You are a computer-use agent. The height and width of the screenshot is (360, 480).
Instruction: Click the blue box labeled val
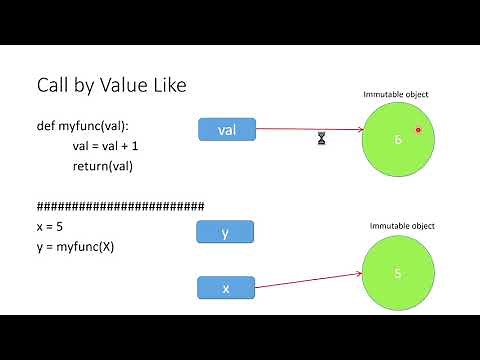point(226,129)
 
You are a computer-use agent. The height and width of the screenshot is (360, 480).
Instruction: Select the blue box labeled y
point(226,233)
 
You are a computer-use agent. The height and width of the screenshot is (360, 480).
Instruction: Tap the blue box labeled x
point(226,288)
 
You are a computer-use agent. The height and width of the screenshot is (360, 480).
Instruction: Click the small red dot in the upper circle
point(418,130)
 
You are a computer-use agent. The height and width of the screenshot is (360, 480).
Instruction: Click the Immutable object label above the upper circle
point(395,94)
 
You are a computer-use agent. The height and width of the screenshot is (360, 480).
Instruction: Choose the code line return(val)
point(103,165)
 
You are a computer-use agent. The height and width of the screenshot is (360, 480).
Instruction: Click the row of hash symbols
point(120,207)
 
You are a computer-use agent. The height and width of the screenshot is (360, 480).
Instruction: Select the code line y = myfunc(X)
point(75,245)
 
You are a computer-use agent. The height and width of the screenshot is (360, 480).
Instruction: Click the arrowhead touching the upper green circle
point(359,130)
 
